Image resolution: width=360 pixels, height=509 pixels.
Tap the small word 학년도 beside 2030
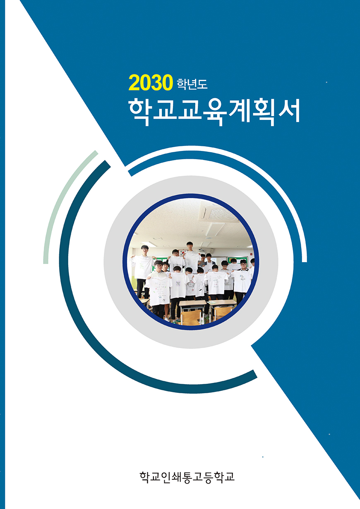192,84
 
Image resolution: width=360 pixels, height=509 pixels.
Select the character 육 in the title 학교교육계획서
213,112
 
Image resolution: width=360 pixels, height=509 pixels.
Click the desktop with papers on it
222,302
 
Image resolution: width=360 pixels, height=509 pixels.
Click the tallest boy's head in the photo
189,246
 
